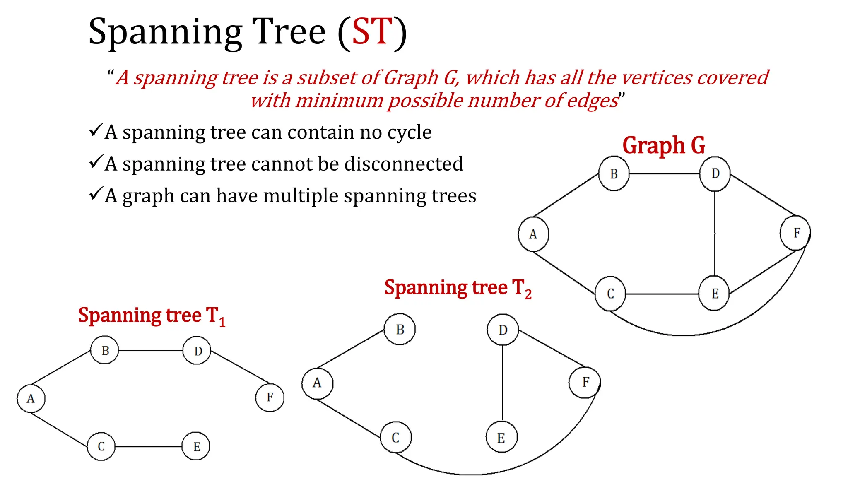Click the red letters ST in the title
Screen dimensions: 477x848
(371, 32)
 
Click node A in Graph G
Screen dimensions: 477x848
(533, 234)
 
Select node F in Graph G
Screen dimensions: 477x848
(795, 233)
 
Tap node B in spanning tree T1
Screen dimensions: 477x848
(105, 350)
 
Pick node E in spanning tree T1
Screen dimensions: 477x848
(196, 446)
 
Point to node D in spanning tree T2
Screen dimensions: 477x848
(503, 330)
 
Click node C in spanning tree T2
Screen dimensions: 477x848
(396, 437)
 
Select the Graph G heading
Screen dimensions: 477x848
(663, 145)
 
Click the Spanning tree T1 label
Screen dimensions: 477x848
(152, 316)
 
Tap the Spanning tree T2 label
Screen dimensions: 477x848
(458, 288)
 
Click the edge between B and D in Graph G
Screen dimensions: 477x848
(664, 173)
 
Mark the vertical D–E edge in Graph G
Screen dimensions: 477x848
(715, 234)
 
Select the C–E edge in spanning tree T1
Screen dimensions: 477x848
(149, 447)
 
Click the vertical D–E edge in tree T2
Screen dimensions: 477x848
(503, 383)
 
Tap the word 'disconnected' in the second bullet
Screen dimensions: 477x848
(404, 164)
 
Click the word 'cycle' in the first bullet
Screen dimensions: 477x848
(410, 132)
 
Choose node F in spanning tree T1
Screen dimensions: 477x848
(270, 397)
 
